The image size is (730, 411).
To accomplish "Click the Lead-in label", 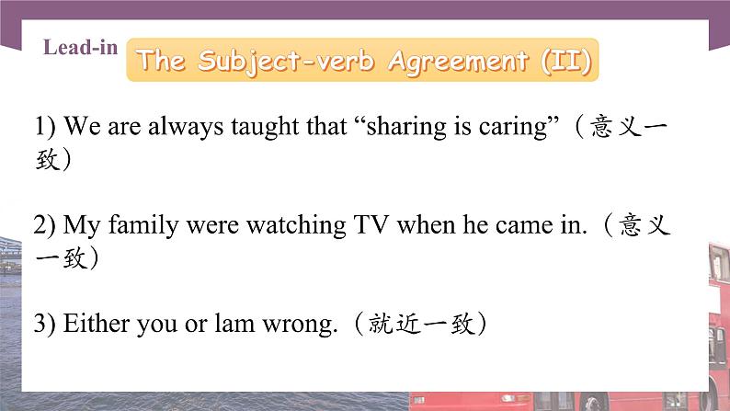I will (80, 48).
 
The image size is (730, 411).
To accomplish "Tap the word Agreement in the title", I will (456, 61).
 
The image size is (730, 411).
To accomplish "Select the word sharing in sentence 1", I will (404, 126).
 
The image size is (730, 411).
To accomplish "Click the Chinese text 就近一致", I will (419, 324).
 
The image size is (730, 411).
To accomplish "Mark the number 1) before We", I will (46, 126).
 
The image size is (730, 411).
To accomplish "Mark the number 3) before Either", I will (46, 324).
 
